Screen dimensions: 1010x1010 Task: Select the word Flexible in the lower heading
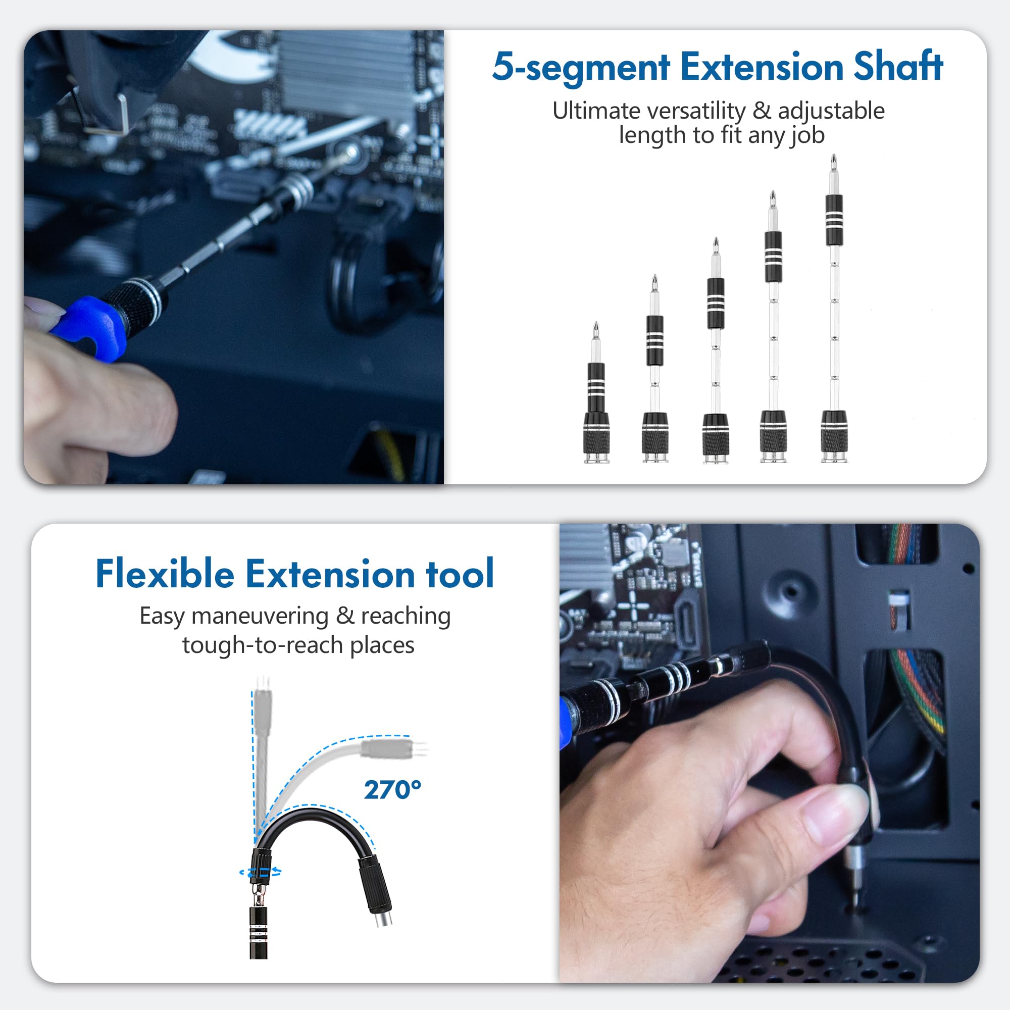(x=165, y=575)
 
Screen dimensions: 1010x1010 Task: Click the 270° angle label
(x=392, y=790)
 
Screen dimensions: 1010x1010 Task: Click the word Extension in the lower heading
(x=330, y=575)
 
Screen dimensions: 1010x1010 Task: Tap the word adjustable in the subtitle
(x=831, y=111)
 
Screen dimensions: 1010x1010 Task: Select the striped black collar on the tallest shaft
(x=834, y=220)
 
